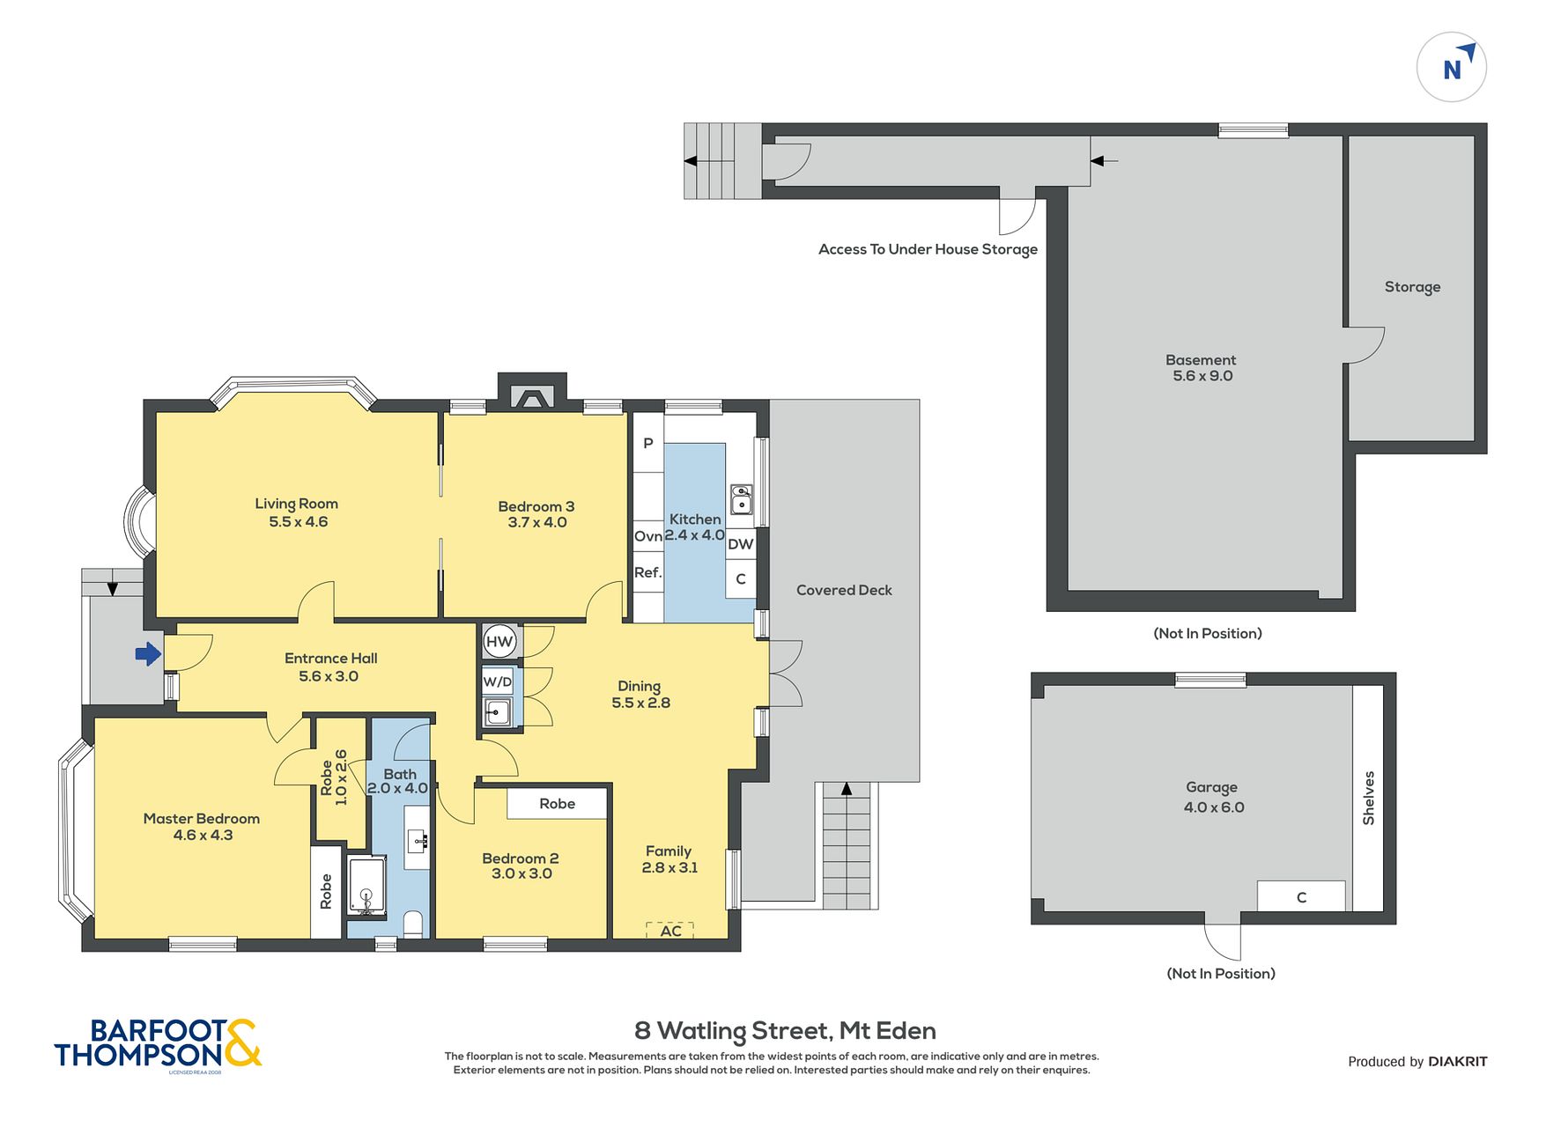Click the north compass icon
click(1451, 67)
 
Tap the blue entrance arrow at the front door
click(148, 653)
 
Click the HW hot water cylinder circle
click(499, 642)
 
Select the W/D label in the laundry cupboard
click(498, 681)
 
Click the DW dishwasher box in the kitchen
click(741, 544)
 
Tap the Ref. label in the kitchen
click(647, 572)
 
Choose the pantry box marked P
click(648, 443)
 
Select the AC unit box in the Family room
click(670, 931)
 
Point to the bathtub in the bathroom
click(366, 886)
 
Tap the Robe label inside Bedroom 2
click(558, 803)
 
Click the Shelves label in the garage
click(1368, 799)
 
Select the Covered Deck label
click(844, 590)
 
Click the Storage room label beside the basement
click(1412, 287)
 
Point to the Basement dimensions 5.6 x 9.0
click(1202, 376)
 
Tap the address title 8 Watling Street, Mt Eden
click(786, 1030)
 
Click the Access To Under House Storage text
click(928, 249)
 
